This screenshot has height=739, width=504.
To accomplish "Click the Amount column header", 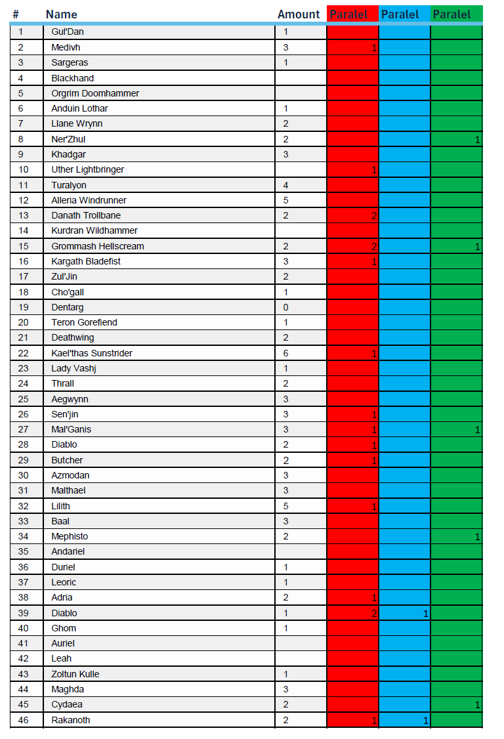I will click(x=299, y=14).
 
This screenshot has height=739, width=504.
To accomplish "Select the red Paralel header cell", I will click(x=348, y=14).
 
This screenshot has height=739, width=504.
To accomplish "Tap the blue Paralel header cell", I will click(x=400, y=14).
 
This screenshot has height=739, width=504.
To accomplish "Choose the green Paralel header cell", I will click(x=451, y=14).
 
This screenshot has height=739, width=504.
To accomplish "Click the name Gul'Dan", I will click(x=68, y=32).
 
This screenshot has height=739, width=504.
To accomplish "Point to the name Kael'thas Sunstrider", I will click(x=92, y=353).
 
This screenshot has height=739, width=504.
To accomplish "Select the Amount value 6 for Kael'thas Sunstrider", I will click(x=286, y=353).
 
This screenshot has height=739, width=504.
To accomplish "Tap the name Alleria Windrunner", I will click(x=89, y=200).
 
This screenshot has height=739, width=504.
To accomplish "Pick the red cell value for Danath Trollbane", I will click(x=374, y=216).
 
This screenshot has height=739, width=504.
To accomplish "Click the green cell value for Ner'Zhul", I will click(x=478, y=139).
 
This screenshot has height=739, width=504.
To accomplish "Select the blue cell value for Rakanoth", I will click(x=425, y=721).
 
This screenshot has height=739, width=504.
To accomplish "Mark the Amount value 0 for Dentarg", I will click(x=286, y=307).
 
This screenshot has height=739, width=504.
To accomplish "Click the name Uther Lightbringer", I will click(x=87, y=169).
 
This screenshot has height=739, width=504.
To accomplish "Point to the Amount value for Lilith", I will click(x=286, y=506).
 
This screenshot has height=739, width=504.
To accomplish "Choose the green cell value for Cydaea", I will click(x=478, y=705).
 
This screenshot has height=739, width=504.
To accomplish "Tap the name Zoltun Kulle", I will click(x=75, y=674).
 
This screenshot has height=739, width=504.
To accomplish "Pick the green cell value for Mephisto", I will click(x=478, y=537).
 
